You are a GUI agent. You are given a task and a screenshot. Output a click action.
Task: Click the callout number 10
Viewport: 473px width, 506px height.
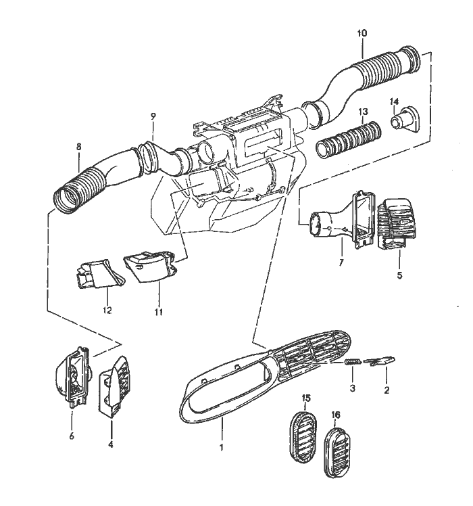coord(362,32)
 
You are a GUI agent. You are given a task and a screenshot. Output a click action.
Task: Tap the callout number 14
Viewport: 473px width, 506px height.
coord(394,101)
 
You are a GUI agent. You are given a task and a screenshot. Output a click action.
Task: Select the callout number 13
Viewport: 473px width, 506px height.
coord(362,111)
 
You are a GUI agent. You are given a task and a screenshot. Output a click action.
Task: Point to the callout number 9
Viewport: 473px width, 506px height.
coord(153,116)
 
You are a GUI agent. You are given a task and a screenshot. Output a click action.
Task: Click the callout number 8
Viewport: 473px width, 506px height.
coord(79,146)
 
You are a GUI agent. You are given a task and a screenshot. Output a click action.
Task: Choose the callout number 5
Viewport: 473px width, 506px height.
coord(399,276)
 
